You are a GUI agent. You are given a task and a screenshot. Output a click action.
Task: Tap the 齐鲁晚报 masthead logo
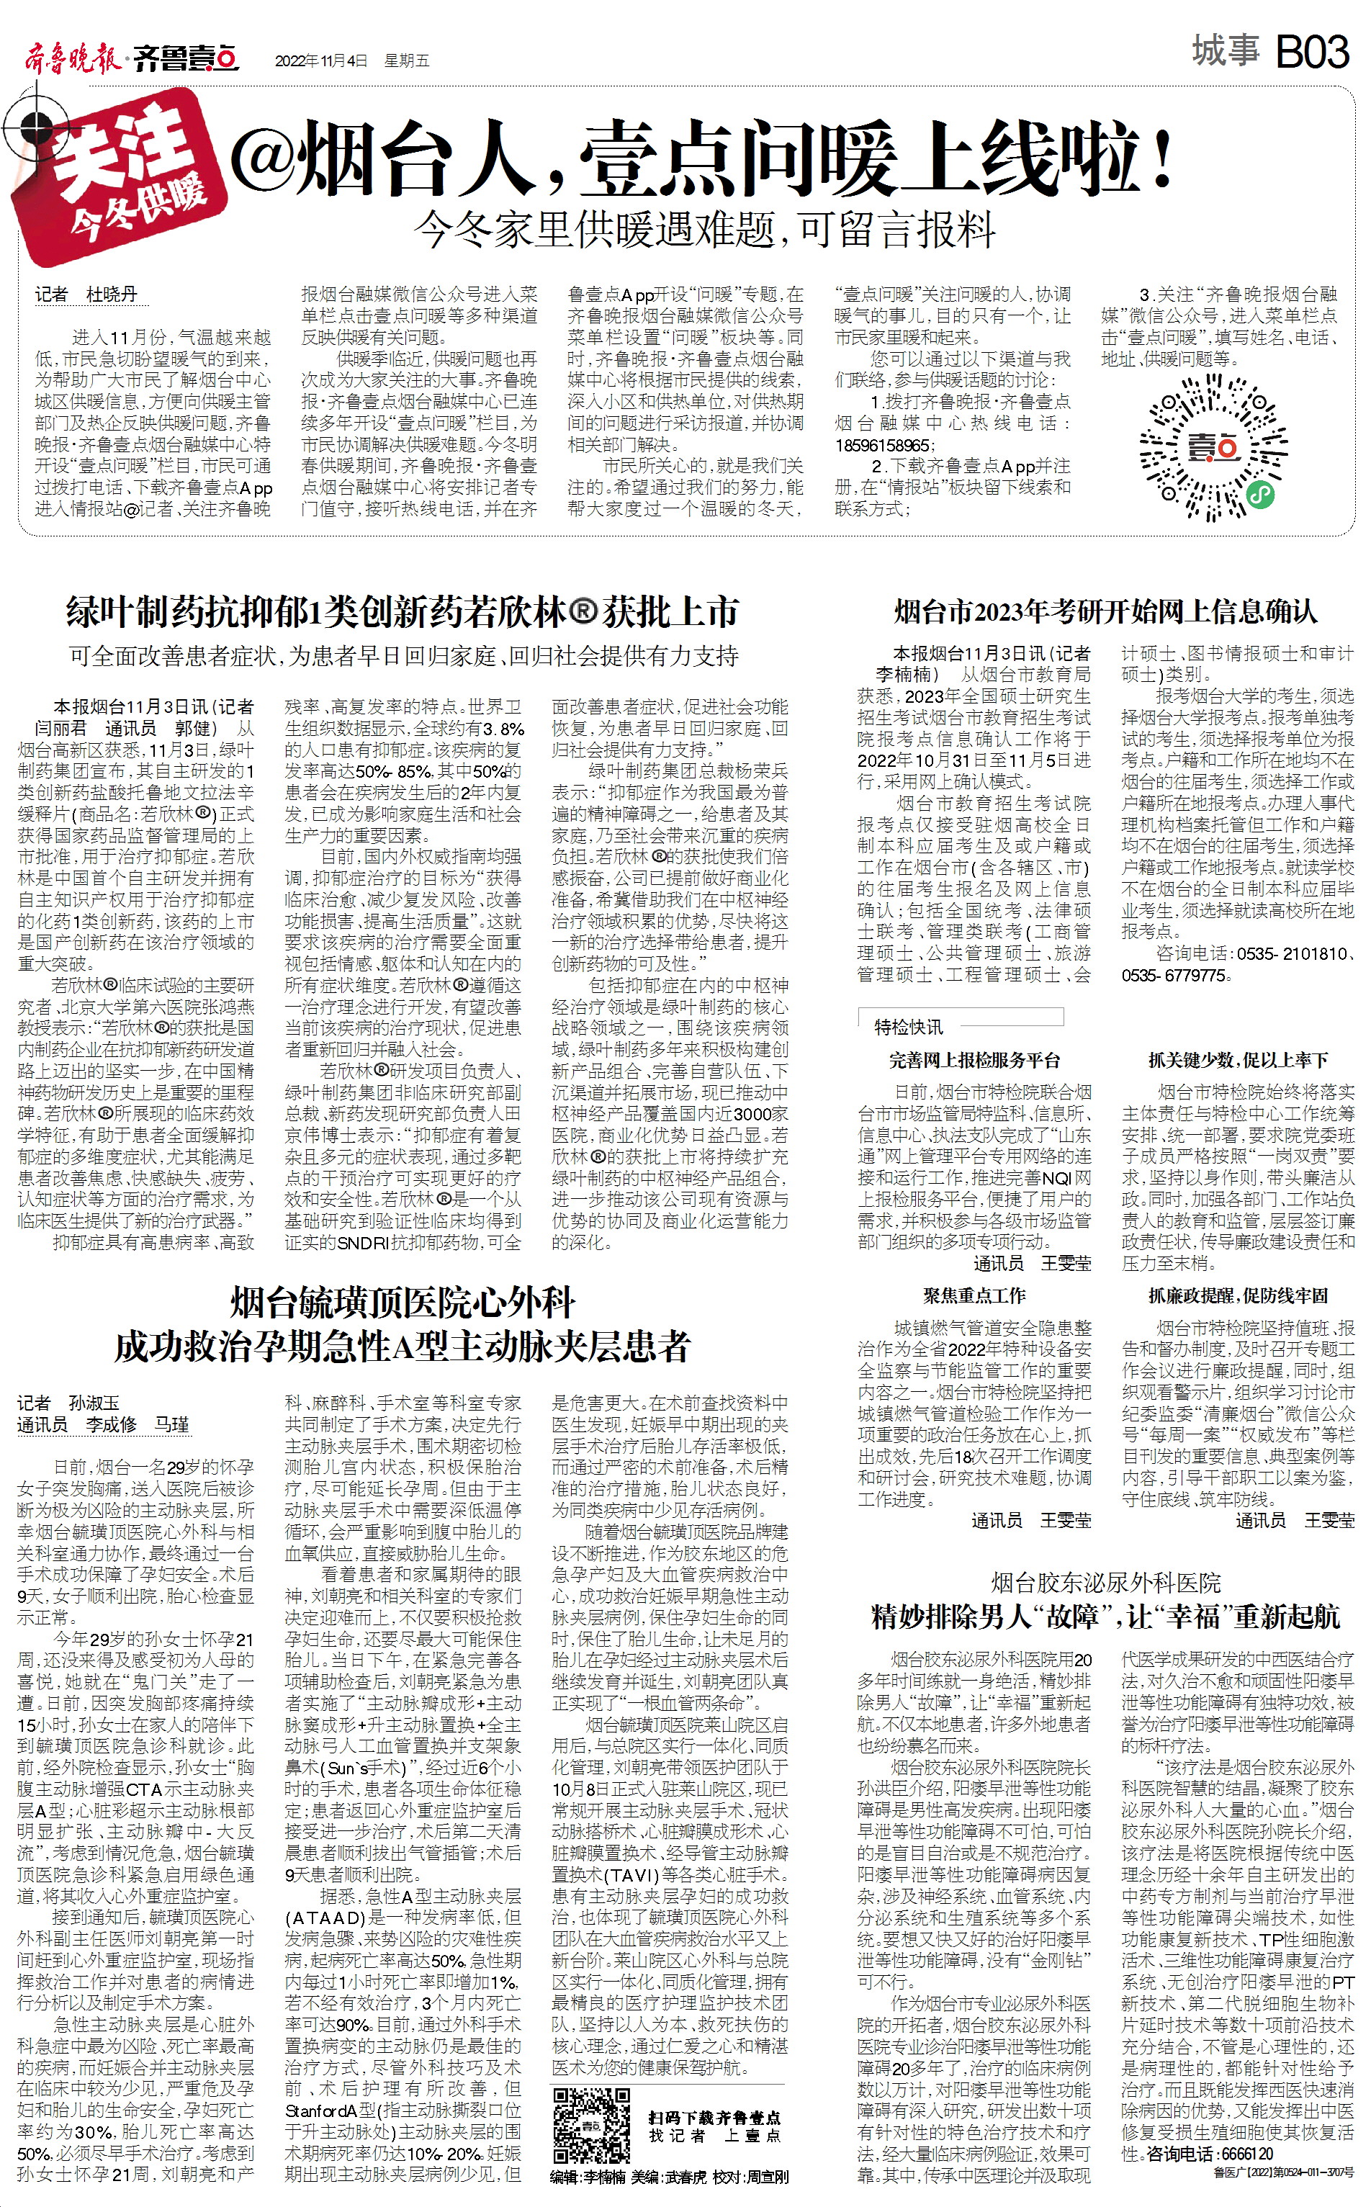71,60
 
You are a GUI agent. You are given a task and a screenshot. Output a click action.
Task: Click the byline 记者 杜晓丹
86,294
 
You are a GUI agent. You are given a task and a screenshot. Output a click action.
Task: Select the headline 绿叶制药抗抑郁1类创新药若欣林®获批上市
402,612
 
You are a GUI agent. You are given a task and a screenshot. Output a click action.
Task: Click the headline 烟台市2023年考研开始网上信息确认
1105,611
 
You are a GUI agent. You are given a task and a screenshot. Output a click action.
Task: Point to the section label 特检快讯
908,1025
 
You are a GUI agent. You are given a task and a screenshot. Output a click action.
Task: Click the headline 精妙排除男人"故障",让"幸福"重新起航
1105,1616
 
